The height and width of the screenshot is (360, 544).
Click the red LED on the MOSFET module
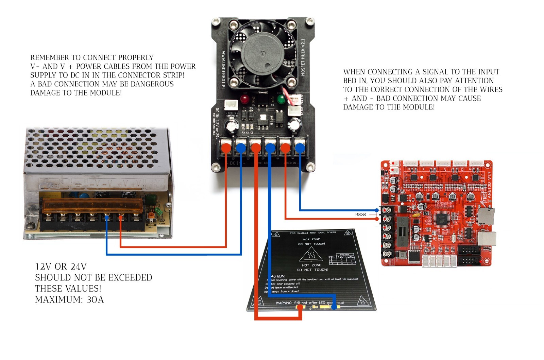(244, 99)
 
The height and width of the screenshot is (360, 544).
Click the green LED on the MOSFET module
(280, 99)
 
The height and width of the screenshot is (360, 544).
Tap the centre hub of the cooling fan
(262, 54)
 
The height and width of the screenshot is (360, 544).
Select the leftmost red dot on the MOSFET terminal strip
(226, 148)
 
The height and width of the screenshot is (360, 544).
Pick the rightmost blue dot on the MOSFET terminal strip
(300, 148)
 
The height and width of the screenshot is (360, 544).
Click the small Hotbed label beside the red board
(360, 215)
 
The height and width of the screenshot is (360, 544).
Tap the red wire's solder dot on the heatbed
(300, 307)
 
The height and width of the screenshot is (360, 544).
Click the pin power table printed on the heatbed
(342, 259)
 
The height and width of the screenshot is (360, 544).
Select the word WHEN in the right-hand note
(354, 72)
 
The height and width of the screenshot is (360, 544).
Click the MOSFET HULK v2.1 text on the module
(303, 57)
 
